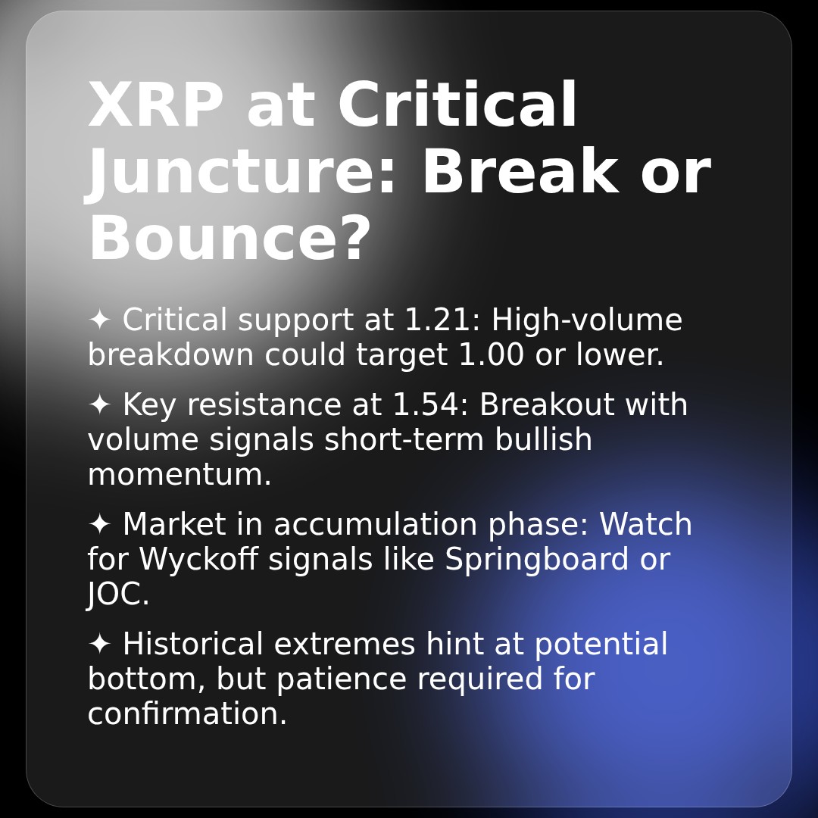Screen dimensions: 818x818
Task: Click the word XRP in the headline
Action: [x=155, y=107]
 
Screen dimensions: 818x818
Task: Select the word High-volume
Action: [x=586, y=320]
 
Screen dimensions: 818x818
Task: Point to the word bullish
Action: [x=543, y=440]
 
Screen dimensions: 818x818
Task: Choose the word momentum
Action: [x=180, y=476]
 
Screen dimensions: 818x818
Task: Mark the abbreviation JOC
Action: [x=118, y=595]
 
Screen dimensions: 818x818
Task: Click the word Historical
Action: [x=192, y=645]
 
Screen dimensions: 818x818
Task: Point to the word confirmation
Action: [x=187, y=714]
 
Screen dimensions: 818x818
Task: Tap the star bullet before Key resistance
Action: [x=99, y=405]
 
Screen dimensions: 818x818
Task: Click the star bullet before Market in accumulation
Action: [x=99, y=525]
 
